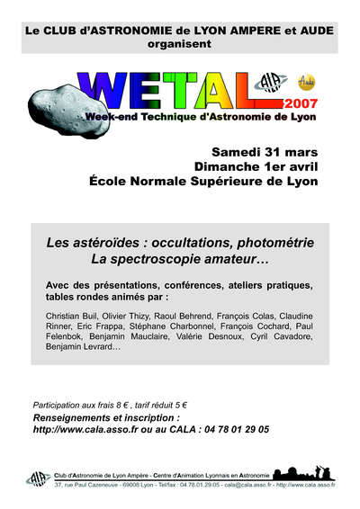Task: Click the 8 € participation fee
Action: pyautogui.click(x=129, y=406)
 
